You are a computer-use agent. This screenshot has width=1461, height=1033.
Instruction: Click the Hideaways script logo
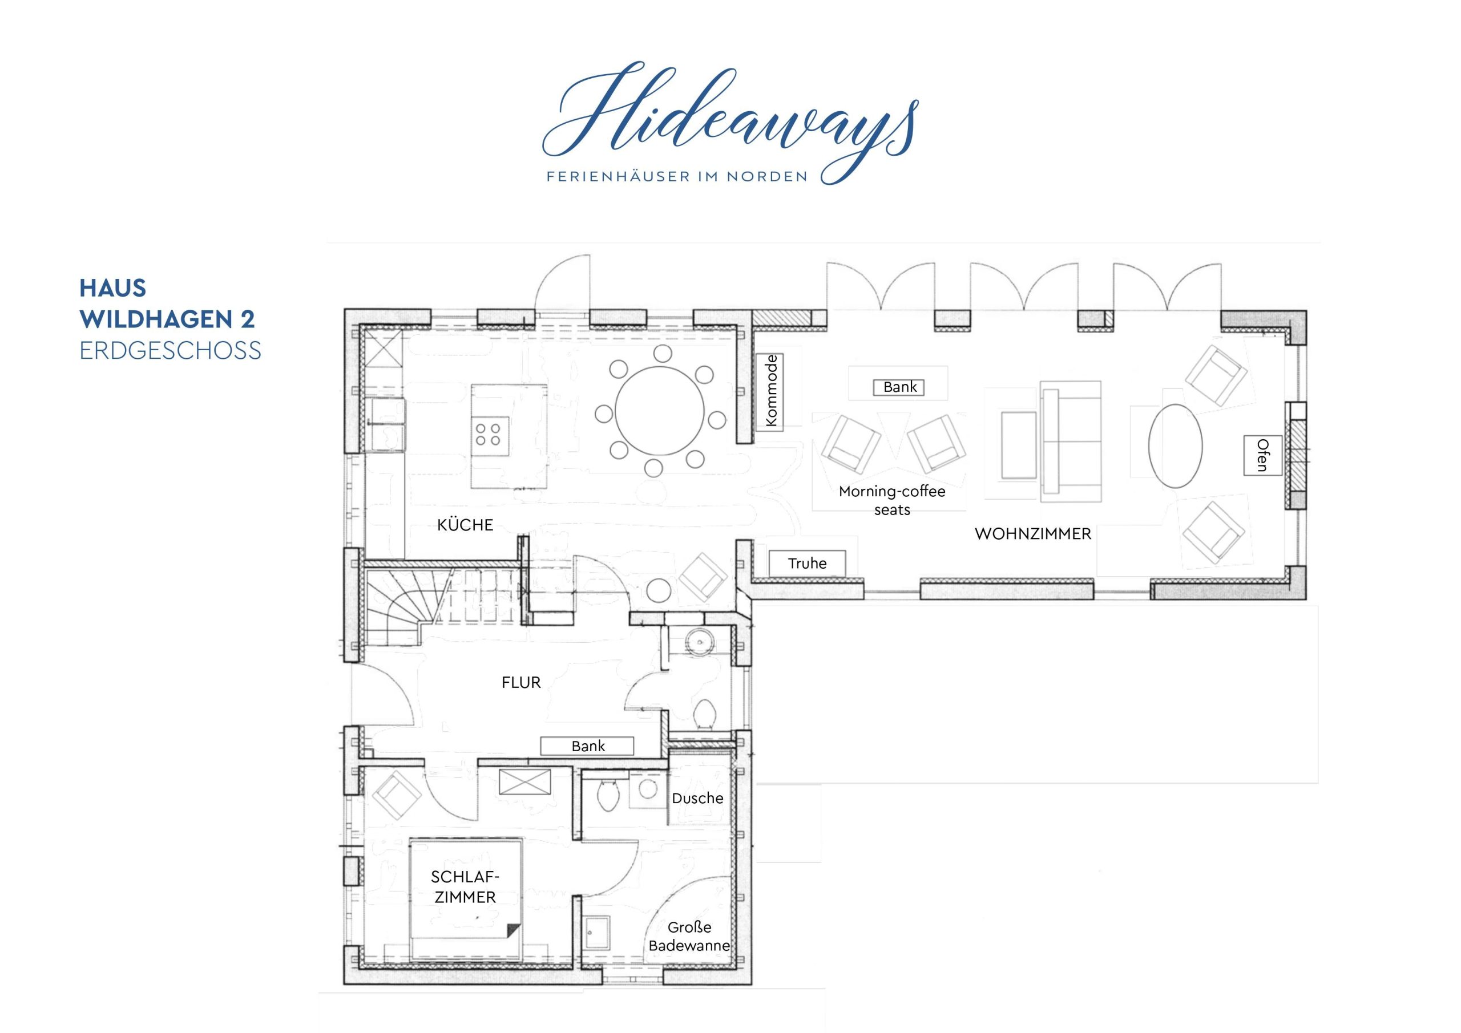pyautogui.click(x=730, y=121)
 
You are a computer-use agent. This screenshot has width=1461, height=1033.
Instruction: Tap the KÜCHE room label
pyautogui.click(x=465, y=525)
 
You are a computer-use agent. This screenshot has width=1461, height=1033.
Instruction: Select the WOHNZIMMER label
pyautogui.click(x=1033, y=534)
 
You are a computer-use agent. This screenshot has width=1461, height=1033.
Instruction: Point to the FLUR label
pyautogui.click(x=521, y=683)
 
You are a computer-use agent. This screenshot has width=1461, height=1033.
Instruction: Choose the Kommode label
pyautogui.click(x=771, y=391)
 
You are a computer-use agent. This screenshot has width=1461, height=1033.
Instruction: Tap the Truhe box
pyautogui.click(x=807, y=564)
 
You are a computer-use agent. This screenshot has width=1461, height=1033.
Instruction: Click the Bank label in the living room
pyautogui.click(x=900, y=387)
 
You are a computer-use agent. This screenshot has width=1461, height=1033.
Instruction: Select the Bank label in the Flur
pyautogui.click(x=587, y=746)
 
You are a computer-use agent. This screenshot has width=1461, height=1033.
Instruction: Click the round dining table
pyautogui.click(x=660, y=411)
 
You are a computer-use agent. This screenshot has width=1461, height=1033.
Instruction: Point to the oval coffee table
pyautogui.click(x=1175, y=446)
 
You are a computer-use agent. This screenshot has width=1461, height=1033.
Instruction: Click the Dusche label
pyautogui.click(x=697, y=799)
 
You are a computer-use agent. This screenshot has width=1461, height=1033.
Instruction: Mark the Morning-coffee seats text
pyautogui.click(x=892, y=501)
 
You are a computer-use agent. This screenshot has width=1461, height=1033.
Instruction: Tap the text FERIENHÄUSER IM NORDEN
pyautogui.click(x=677, y=176)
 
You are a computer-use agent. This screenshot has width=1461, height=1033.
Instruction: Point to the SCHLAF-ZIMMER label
pyautogui.click(x=465, y=887)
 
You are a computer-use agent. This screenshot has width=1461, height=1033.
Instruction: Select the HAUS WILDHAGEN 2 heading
pyautogui.click(x=167, y=303)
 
